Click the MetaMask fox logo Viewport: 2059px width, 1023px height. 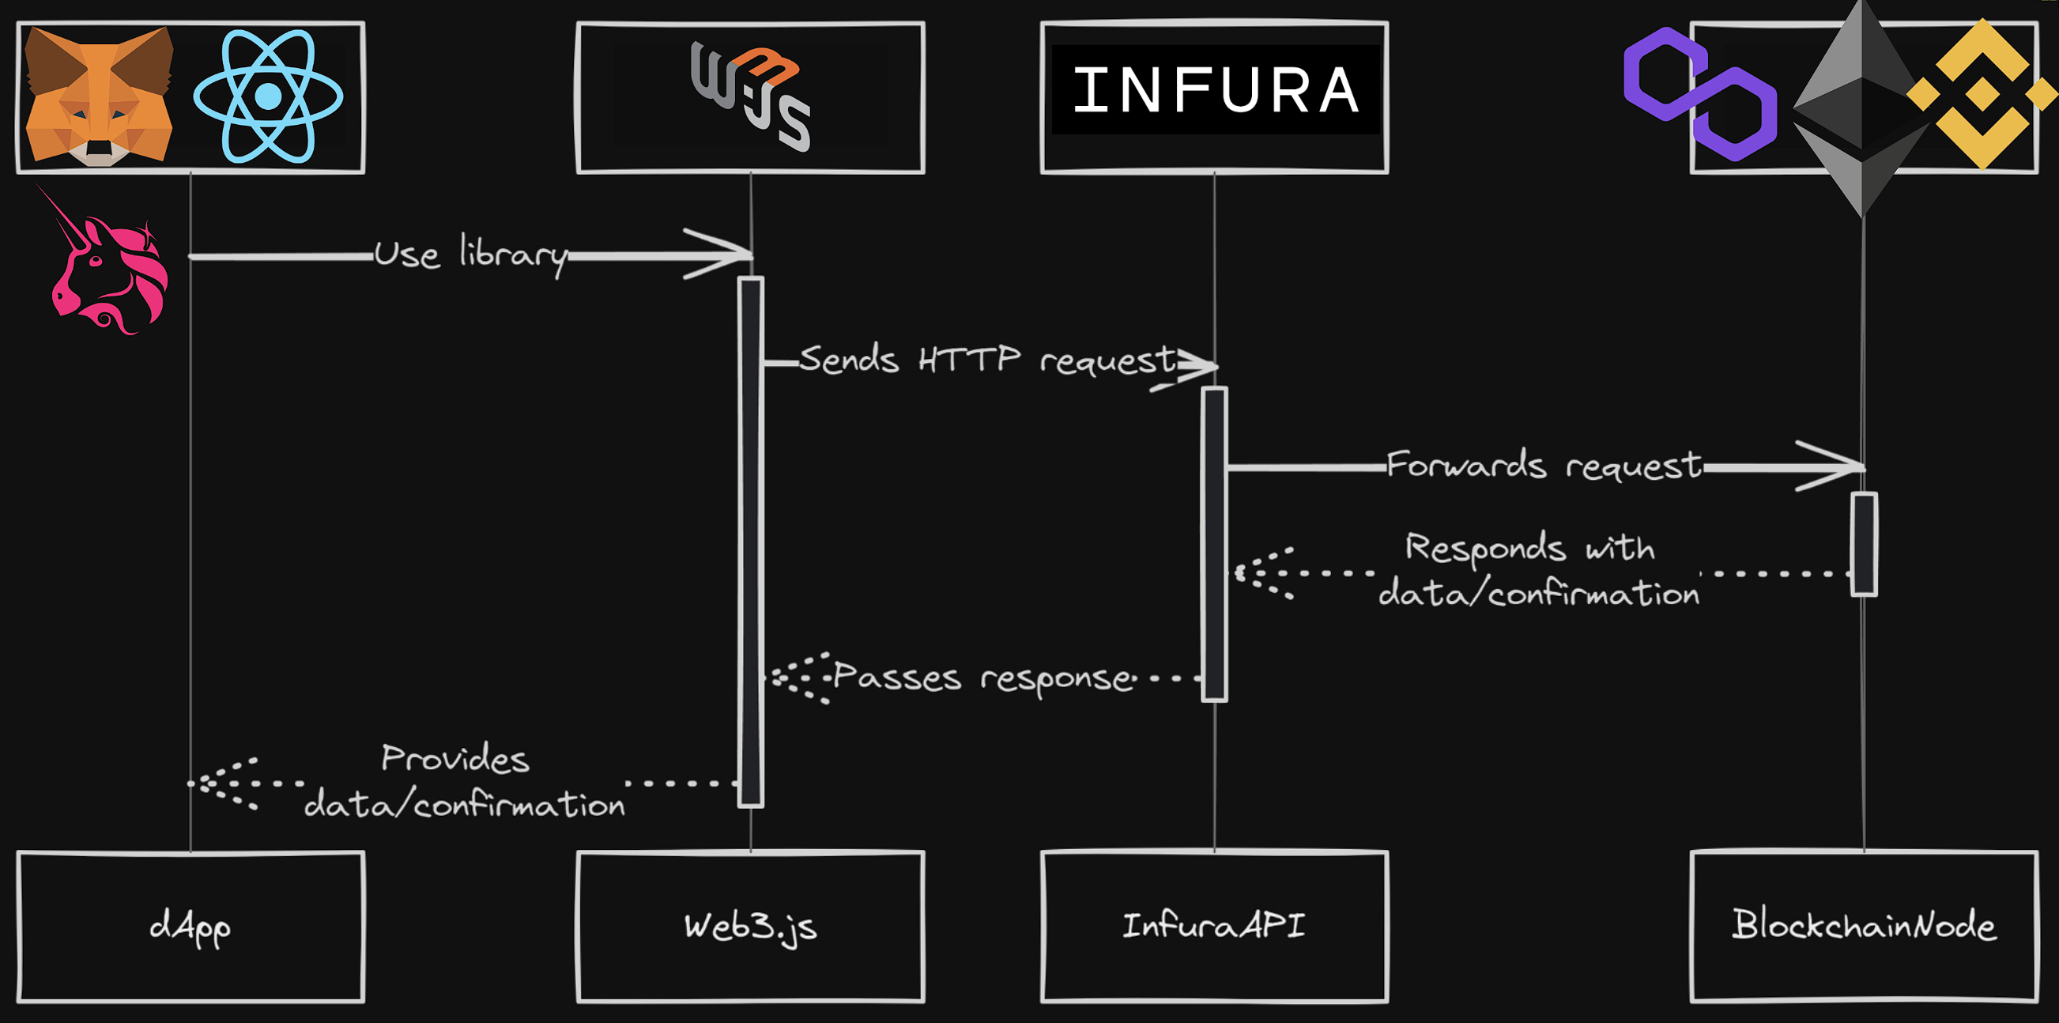pyautogui.click(x=99, y=96)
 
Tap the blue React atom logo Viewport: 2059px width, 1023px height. pyautogui.click(x=268, y=96)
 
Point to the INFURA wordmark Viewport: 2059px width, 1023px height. pyautogui.click(x=1214, y=90)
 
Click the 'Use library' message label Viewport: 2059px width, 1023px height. pyautogui.click(x=471, y=255)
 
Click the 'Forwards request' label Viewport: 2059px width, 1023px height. pyautogui.click(x=1543, y=465)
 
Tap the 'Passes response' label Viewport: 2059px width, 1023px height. pyautogui.click(x=983, y=678)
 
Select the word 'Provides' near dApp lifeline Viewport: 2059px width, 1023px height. pyautogui.click(x=454, y=758)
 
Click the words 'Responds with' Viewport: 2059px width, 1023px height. pyautogui.click(x=1529, y=549)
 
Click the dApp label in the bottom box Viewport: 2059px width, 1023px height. pyautogui.click(x=190, y=927)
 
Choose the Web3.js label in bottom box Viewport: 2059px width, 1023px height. pyautogui.click(x=751, y=927)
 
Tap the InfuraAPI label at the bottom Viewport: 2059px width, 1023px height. pyautogui.click(x=1213, y=926)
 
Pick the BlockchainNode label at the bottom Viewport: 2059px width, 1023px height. pyautogui.click(x=1863, y=925)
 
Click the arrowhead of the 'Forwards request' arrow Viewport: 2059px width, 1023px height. pyautogui.click(x=1838, y=466)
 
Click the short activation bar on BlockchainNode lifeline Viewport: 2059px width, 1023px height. pyautogui.click(x=1864, y=544)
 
